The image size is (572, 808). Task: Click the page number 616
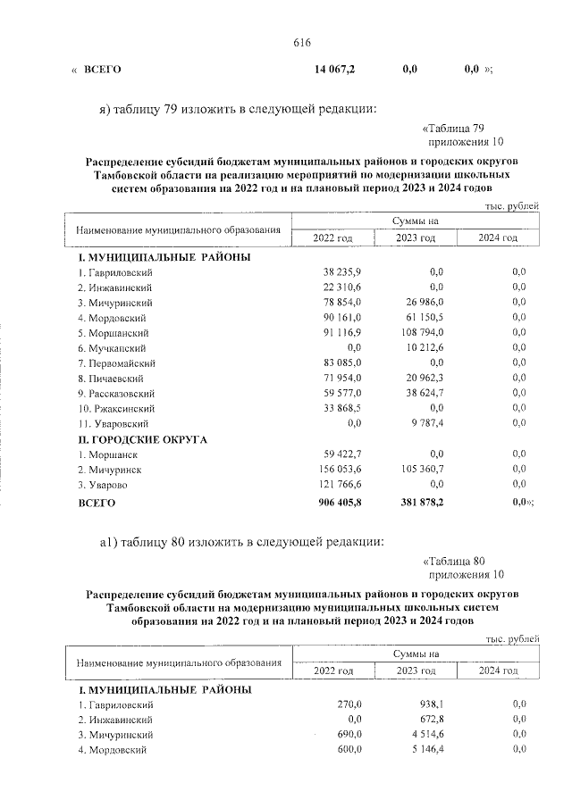(x=300, y=44)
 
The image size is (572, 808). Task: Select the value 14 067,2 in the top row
(x=334, y=69)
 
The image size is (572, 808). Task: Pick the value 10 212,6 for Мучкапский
(x=424, y=348)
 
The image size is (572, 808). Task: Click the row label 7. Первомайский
(x=117, y=363)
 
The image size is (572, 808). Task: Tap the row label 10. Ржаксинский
(x=117, y=408)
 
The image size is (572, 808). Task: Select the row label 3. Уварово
(x=105, y=485)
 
